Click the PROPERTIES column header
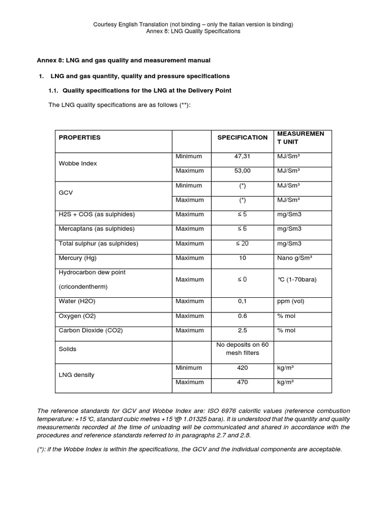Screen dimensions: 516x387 [80, 137]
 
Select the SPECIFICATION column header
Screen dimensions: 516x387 [242, 137]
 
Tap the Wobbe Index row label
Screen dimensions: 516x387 [78, 164]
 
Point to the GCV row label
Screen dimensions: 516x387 [66, 192]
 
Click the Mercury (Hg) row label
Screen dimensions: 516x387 [77, 258]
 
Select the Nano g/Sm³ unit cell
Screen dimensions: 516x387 [295, 258]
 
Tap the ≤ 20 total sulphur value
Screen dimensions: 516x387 [242, 243]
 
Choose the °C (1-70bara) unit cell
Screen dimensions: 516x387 [297, 279]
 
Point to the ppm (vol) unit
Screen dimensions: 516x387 [291, 301]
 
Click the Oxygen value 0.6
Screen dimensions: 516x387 [242, 316]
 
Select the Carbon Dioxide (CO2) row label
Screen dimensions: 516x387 [91, 331]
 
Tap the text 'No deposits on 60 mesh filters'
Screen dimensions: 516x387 [242, 349]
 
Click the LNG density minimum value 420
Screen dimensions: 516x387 [242, 368]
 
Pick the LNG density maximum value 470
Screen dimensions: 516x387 [242, 382]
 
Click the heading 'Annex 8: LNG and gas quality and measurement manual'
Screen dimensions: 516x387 [123, 60]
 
